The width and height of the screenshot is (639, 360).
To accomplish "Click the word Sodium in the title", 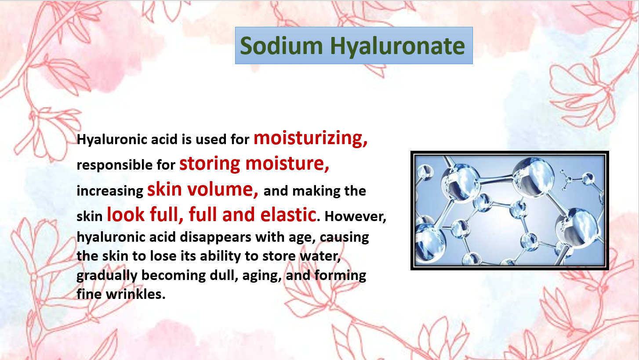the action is click(281, 46).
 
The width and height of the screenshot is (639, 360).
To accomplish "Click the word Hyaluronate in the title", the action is click(398, 46).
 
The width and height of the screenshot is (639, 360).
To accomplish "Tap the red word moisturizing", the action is click(310, 138).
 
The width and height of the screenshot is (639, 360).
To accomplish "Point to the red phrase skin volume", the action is click(203, 189).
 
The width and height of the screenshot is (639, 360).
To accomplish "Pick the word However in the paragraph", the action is click(356, 217).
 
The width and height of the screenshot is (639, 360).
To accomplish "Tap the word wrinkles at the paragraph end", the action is click(135, 294).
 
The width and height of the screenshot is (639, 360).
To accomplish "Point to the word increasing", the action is click(110, 191).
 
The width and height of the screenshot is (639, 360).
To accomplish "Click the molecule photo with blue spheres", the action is click(509, 211).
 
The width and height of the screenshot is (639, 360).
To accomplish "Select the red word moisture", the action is click(287, 164).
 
